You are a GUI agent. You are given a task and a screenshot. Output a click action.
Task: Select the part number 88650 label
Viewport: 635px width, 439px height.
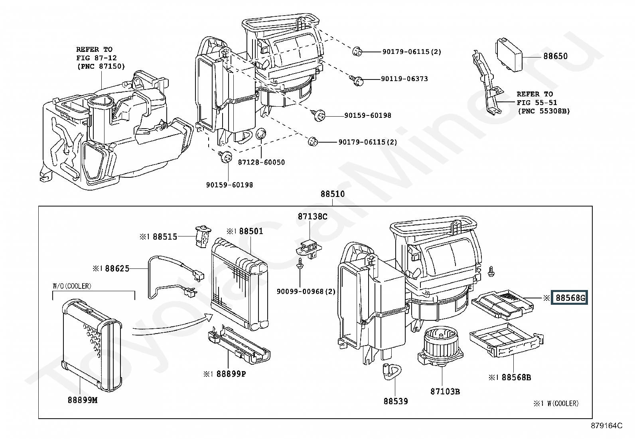pos(555,56)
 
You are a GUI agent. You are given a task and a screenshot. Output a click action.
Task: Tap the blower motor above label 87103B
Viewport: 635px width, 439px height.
pos(440,346)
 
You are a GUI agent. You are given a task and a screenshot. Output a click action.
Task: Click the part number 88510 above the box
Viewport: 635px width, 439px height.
pos(333,194)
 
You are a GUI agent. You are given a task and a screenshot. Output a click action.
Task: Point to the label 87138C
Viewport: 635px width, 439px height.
pos(312,217)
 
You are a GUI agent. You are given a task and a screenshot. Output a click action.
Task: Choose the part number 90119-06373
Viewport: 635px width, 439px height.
pos(404,79)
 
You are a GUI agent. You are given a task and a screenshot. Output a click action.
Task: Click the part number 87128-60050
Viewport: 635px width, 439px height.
pos(261,162)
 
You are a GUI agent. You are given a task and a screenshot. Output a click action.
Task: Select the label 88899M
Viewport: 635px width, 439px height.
pos(83,400)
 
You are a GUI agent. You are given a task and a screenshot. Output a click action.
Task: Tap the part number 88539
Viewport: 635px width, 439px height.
pos(396,401)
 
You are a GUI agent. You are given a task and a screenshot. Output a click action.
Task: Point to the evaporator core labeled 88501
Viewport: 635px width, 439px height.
pos(240,284)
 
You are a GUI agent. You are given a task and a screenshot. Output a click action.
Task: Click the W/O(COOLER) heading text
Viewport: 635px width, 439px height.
pos(72,286)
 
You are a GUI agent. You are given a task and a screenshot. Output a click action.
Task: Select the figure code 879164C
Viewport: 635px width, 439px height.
pos(607,426)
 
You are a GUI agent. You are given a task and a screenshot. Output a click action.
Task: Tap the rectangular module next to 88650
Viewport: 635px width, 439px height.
pos(509,56)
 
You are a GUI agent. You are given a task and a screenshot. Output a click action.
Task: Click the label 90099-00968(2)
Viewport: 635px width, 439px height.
pos(306,291)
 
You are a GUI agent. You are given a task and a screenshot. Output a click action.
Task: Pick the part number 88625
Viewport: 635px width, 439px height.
pos(117,268)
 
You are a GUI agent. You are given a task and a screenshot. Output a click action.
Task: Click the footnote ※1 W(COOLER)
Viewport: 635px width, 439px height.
pos(556,403)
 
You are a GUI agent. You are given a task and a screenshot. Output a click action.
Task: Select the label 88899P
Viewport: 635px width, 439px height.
pos(231,374)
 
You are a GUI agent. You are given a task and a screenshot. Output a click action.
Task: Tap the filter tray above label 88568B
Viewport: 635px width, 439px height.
pos(507,340)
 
